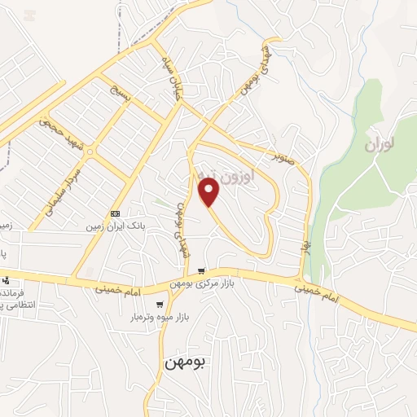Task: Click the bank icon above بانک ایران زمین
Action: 115,213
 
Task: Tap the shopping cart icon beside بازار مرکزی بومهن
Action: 200,272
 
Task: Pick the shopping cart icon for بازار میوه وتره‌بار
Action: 159,305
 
